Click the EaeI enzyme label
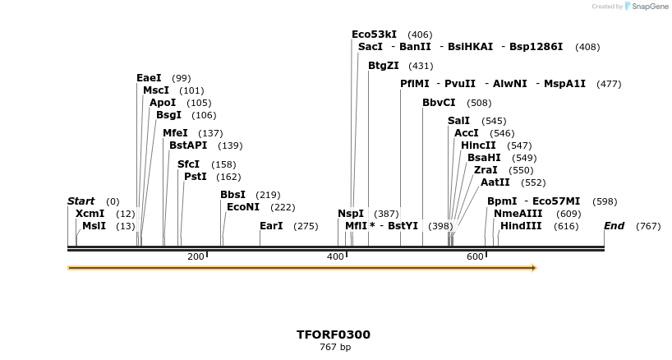tap(149, 78)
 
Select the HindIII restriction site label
tap(521, 226)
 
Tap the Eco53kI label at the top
tap(374, 35)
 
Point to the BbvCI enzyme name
tap(439, 103)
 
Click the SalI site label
tap(458, 121)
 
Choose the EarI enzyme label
tap(271, 226)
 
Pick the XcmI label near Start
tap(90, 214)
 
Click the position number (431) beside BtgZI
tap(421, 66)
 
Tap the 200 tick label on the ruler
tap(196, 257)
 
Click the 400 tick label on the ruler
tap(335, 257)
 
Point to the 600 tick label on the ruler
tap(475, 257)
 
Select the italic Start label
tap(81, 201)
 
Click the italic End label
tap(614, 226)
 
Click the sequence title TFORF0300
tap(334, 335)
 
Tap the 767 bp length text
tap(334, 348)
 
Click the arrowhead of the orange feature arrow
tap(533, 268)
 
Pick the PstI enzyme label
tap(195, 177)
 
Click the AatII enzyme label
tap(495, 182)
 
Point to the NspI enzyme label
tap(351, 214)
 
